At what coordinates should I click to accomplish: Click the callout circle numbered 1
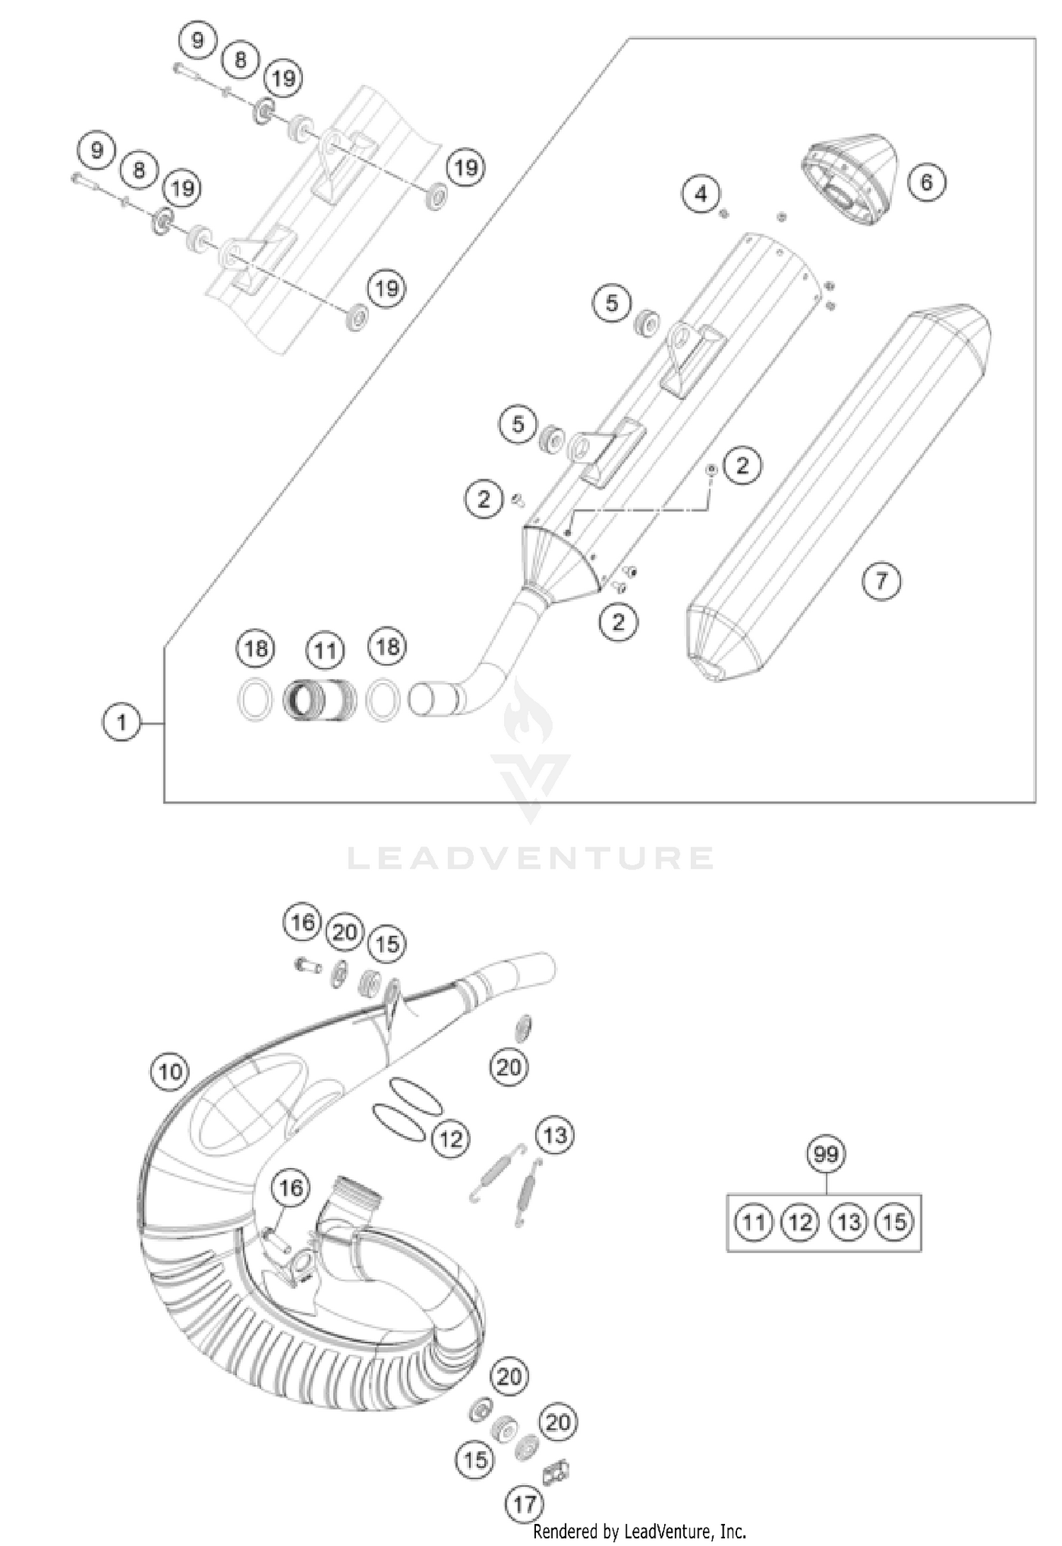122,723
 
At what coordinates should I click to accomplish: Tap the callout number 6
926,182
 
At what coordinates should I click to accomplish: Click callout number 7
881,581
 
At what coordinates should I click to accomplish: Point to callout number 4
701,193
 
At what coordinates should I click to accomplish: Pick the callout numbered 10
170,1072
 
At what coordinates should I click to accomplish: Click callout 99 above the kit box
826,1155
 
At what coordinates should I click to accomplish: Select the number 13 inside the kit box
848,1222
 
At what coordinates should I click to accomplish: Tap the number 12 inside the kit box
800,1222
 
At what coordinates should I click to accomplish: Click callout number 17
525,1503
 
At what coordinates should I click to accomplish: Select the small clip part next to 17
556,1473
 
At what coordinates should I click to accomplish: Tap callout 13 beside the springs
554,1135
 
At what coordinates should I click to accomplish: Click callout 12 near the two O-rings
450,1139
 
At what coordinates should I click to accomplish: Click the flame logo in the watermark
530,715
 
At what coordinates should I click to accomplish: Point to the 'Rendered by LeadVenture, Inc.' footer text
639,1531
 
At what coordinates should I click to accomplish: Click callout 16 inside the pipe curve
290,1188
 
